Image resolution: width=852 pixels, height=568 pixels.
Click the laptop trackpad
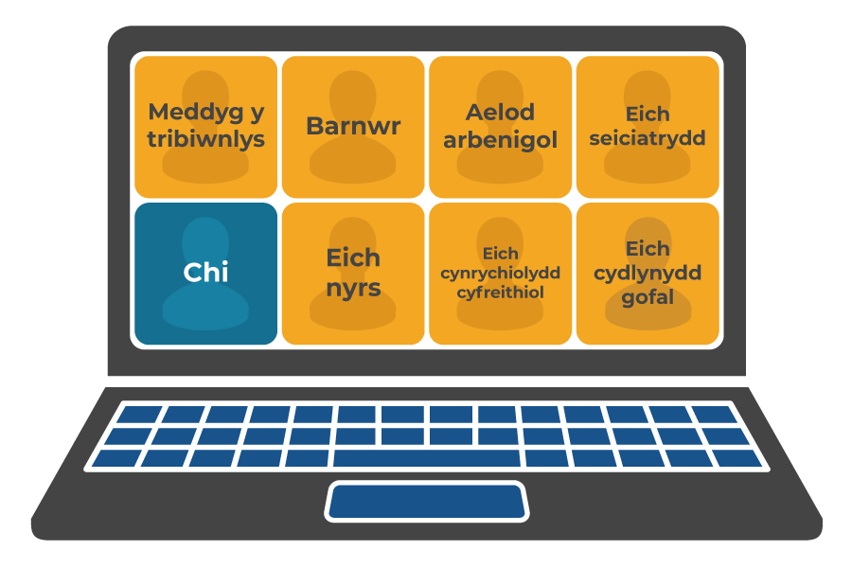coord(426,501)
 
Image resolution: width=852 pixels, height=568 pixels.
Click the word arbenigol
coord(500,139)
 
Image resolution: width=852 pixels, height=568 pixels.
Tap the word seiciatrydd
coord(648,138)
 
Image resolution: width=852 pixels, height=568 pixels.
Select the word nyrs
coord(353,287)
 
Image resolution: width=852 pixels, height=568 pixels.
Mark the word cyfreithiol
coord(500,293)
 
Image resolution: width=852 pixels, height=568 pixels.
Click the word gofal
coord(648,297)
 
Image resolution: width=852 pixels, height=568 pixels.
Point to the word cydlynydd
coord(648,273)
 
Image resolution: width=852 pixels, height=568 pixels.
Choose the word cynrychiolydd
coord(500,274)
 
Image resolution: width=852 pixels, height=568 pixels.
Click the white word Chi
coord(205,273)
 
